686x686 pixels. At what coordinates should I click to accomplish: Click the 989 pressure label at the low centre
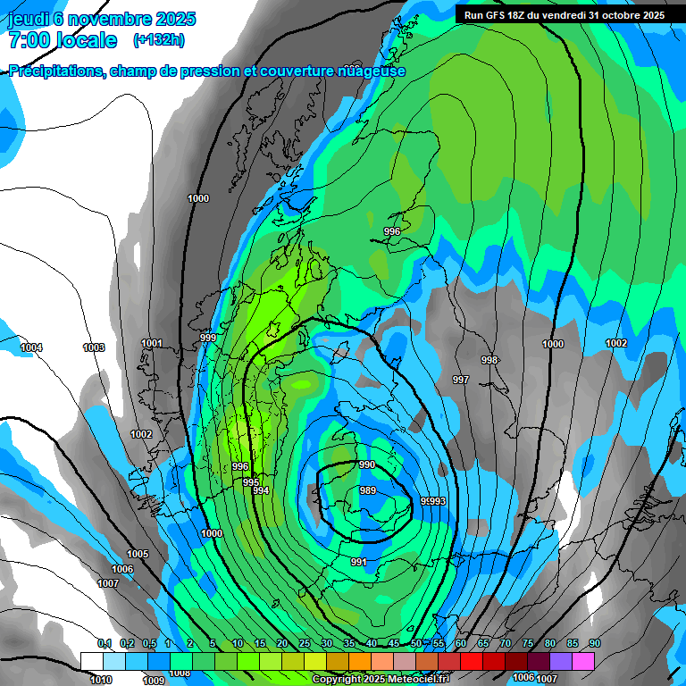pos(367,490)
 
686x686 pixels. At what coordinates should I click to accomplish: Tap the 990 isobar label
pos(367,465)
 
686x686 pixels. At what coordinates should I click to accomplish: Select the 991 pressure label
pos(358,562)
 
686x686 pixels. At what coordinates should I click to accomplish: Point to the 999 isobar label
pos(208,338)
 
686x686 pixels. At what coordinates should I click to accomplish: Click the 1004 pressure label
pos(31,347)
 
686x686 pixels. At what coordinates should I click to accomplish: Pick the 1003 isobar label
pos(93,347)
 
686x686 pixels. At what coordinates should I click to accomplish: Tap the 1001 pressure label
pos(152,343)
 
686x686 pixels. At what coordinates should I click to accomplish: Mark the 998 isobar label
pos(489,360)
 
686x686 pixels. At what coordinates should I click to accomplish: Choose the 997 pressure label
pos(460,380)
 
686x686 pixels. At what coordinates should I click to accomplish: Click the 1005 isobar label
pos(138,554)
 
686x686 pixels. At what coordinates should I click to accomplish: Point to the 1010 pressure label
pos(100,680)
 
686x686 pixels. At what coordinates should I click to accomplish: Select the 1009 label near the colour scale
pos(154,680)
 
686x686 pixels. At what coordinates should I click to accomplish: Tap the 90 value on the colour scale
pos(595,643)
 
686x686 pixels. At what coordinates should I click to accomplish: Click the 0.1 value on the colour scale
pos(104,643)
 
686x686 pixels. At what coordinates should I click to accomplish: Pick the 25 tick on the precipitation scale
pos(304,643)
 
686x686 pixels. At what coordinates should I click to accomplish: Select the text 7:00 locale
pos(63,40)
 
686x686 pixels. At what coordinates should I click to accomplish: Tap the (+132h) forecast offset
pos(159,40)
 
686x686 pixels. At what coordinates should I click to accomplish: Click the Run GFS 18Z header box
pos(565,14)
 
